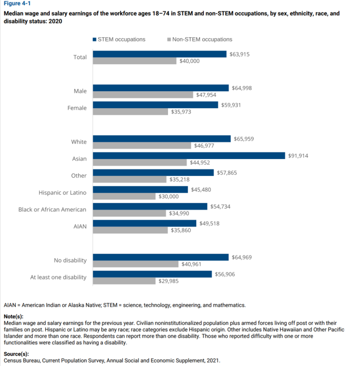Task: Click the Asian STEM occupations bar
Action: (x=189, y=156)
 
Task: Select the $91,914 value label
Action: (x=298, y=156)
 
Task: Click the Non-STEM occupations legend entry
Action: (x=199, y=40)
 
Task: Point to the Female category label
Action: (x=77, y=108)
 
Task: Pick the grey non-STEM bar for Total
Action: (x=135, y=61)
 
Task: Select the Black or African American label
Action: (x=52, y=209)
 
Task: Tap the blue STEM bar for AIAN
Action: (x=144, y=223)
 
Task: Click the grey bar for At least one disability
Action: (x=124, y=281)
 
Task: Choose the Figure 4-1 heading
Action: (x=17, y=4)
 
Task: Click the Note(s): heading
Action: (x=13, y=317)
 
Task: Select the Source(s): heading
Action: (x=16, y=353)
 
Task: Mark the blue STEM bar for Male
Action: (x=161, y=88)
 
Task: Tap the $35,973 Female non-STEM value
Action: (x=181, y=112)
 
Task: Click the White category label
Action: (x=79, y=142)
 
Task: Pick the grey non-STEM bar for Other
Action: (x=130, y=179)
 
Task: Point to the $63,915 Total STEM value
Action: (x=240, y=55)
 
